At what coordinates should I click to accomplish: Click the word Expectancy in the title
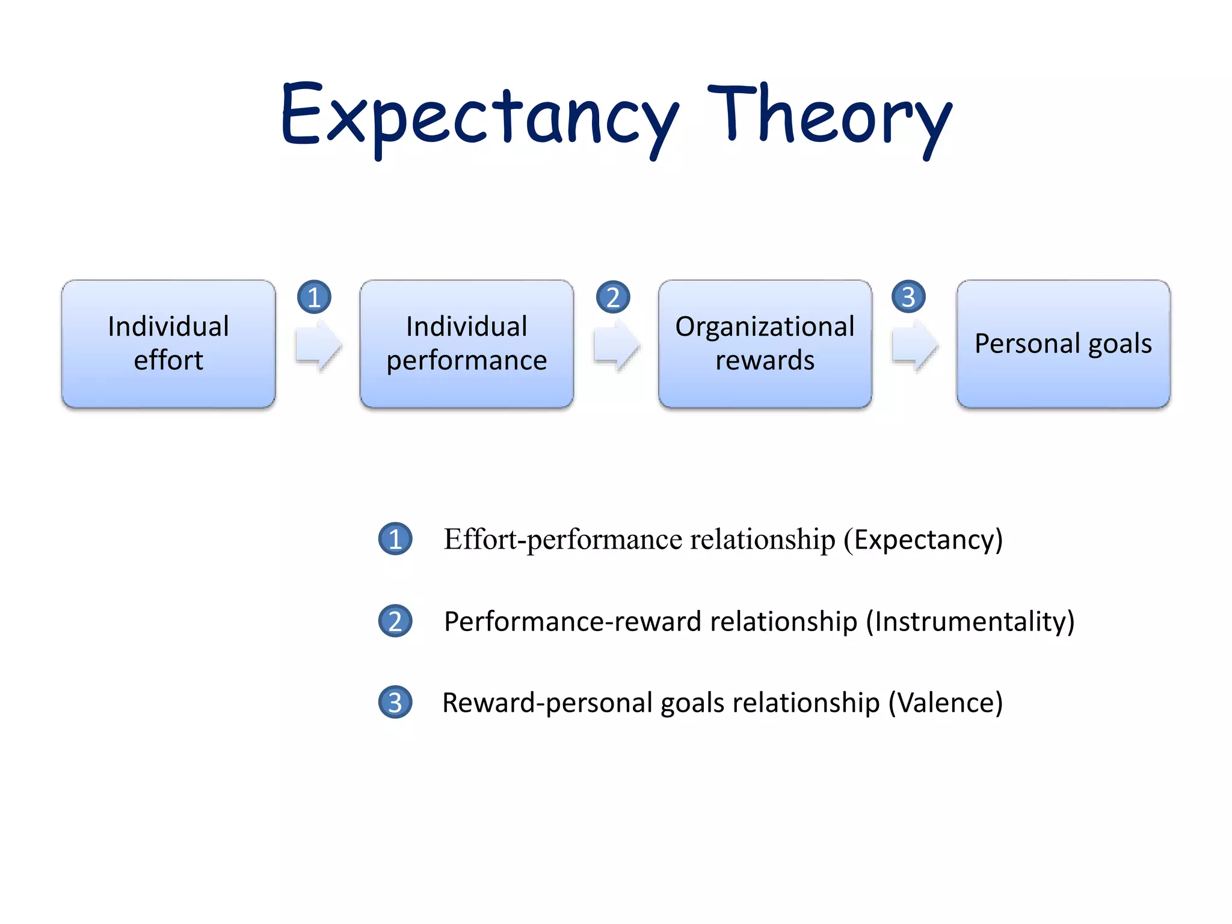pos(479,117)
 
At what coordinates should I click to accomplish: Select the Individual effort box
pos(168,343)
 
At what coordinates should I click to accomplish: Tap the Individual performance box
pos(467,343)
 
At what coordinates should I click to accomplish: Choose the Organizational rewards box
pos(765,343)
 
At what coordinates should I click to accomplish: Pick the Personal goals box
pos(1063,343)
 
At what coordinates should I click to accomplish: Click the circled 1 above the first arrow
pos(314,297)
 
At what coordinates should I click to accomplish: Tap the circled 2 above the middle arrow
pos(613,297)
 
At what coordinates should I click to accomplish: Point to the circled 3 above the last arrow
pos(908,297)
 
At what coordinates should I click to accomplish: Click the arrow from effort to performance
pos(318,346)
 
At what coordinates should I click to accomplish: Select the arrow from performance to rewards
pos(617,346)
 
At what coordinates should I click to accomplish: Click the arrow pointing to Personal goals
pos(914,346)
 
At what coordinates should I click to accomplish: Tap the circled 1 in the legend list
pos(395,539)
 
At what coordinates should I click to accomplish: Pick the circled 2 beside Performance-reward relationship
pos(395,621)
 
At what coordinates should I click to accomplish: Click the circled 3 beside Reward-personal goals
pos(395,703)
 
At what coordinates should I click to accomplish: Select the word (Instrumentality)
pos(970,621)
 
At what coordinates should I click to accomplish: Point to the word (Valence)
pos(946,703)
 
